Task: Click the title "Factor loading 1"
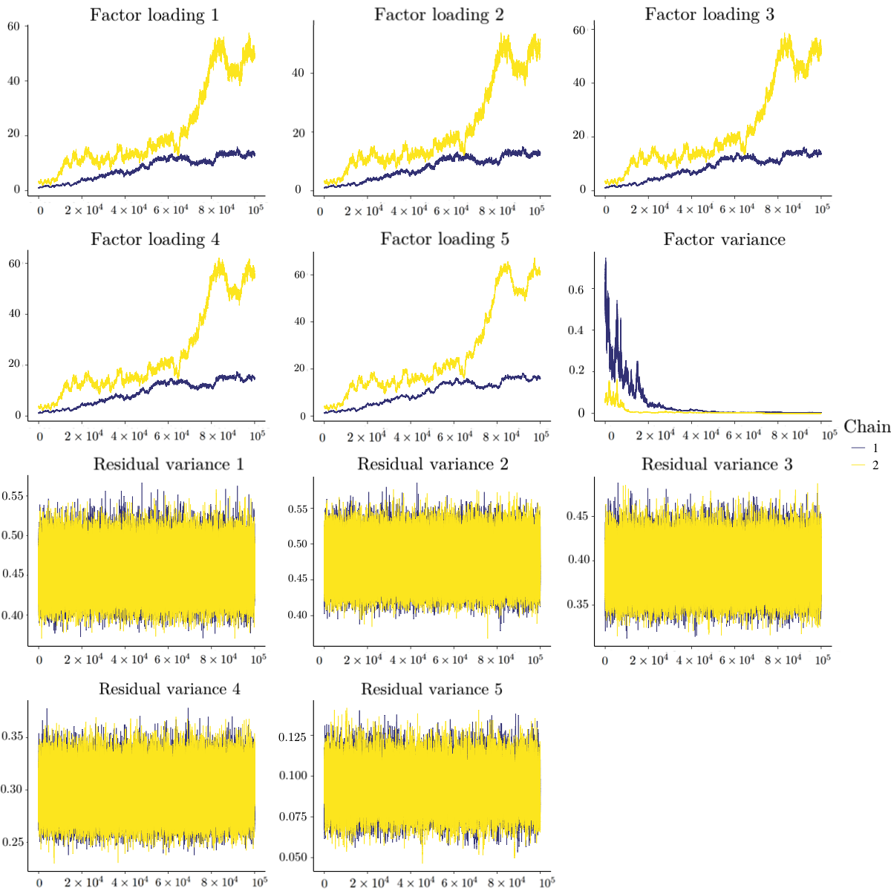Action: (154, 15)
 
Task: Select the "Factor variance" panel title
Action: (724, 239)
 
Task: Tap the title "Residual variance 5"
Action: (431, 689)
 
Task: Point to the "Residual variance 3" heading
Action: (717, 464)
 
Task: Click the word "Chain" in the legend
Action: (866, 426)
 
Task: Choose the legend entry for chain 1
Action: (865, 448)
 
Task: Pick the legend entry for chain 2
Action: (865, 466)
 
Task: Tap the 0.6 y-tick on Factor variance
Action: (576, 289)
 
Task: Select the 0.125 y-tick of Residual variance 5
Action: (293, 737)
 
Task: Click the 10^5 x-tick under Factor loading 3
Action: (822, 209)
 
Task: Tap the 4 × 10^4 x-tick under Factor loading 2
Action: (408, 211)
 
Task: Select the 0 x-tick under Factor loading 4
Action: (39, 436)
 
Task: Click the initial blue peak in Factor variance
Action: (606, 260)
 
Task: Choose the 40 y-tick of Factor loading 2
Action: (298, 73)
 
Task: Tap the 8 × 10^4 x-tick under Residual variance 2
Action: (495, 659)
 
